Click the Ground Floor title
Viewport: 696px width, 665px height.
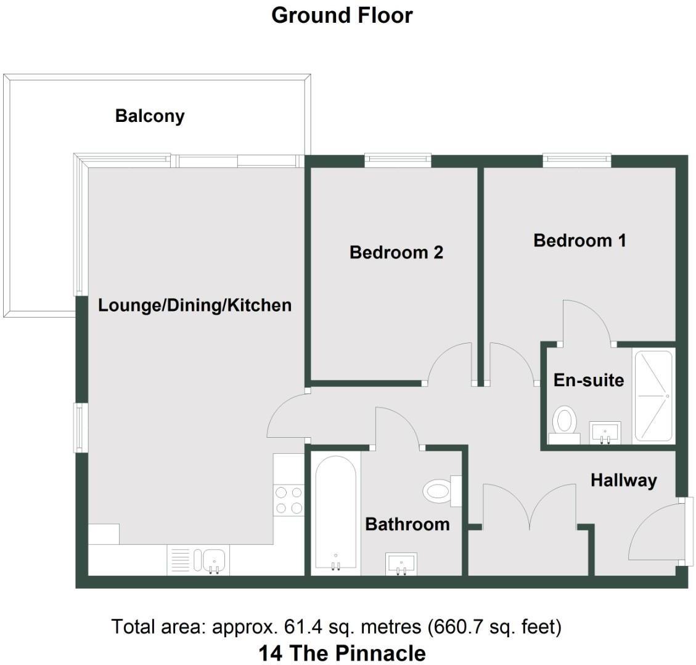[x=342, y=15]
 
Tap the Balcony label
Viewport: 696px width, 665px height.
[x=150, y=116]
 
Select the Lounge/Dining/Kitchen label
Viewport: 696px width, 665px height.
[x=195, y=305]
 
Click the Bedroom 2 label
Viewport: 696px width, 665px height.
[x=396, y=252]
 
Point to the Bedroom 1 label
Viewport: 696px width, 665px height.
[x=579, y=240]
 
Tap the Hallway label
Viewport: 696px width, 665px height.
[x=623, y=480]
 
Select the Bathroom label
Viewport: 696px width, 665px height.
[x=407, y=524]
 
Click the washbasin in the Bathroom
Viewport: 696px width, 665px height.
[x=401, y=563]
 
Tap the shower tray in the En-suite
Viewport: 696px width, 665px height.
[x=653, y=396]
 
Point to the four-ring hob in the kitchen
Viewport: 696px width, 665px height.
[x=288, y=500]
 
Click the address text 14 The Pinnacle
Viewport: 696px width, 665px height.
[x=342, y=652]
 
